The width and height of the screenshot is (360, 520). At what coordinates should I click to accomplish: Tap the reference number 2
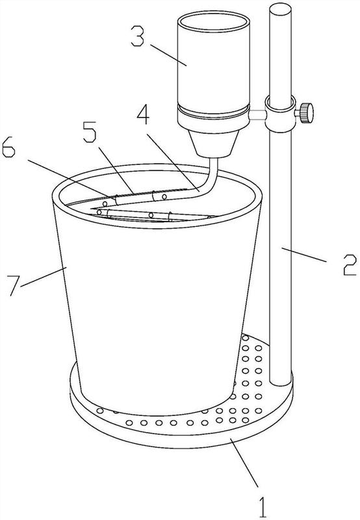point(349,265)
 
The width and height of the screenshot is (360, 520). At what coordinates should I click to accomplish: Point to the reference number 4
point(143,115)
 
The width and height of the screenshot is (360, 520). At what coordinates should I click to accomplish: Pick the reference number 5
point(90,132)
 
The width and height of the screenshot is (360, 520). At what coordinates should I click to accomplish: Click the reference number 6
point(8,148)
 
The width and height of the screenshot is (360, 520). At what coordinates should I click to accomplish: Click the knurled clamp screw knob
point(306,113)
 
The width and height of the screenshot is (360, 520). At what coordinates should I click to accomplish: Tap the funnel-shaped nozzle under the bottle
point(214,143)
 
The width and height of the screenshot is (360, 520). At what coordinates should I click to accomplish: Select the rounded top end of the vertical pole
point(280,8)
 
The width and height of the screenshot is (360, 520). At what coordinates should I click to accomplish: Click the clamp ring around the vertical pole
point(280,113)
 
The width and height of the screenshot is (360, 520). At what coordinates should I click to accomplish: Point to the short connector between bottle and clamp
point(257,115)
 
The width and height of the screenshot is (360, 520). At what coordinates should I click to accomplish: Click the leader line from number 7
point(42,276)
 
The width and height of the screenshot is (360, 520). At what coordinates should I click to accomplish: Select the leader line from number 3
point(168,55)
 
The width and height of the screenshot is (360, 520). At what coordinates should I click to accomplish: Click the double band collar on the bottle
point(214,111)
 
